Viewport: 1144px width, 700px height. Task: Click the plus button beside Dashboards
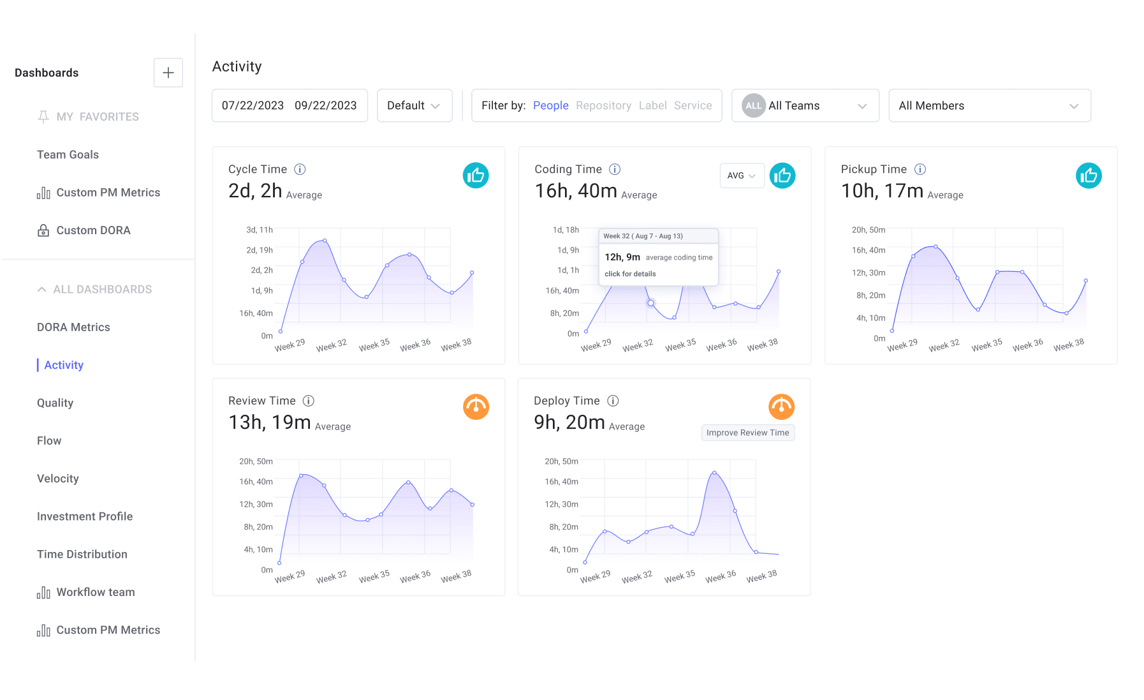point(168,73)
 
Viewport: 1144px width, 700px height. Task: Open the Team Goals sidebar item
point(68,154)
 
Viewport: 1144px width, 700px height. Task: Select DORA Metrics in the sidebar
point(73,327)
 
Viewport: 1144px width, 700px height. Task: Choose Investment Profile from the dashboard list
point(85,516)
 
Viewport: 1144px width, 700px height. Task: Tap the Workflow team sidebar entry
point(96,592)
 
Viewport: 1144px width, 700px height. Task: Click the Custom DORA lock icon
point(43,230)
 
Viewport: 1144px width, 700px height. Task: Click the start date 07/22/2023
point(253,105)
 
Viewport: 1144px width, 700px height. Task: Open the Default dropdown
point(414,105)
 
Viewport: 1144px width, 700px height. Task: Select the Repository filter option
point(603,105)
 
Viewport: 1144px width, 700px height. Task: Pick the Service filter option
point(693,105)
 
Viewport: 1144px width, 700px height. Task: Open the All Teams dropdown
point(805,105)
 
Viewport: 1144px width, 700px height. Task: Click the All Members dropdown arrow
point(1074,106)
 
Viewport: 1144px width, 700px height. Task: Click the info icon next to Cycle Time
point(300,169)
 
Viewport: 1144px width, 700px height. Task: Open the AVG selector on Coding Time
point(742,175)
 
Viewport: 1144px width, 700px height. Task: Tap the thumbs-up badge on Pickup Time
point(1089,175)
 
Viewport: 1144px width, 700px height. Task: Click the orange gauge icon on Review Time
point(476,407)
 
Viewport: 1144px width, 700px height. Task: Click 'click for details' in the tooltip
point(630,274)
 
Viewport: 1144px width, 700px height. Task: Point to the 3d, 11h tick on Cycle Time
point(260,230)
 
